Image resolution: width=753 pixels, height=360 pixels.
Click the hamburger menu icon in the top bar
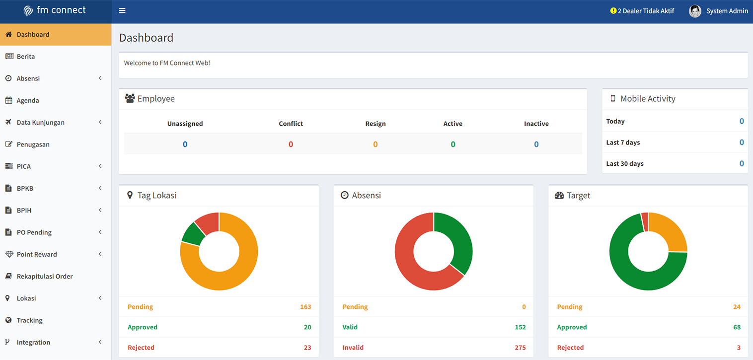click(x=122, y=11)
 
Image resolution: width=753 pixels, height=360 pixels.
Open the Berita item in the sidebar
click(x=25, y=57)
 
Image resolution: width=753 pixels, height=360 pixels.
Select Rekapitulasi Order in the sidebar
click(x=44, y=276)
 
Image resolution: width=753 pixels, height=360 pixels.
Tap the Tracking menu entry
click(x=30, y=320)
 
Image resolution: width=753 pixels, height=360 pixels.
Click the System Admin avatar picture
click(x=695, y=11)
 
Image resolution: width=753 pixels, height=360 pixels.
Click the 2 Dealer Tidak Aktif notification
click(x=642, y=11)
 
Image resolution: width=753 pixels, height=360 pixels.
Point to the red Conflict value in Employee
click(x=291, y=144)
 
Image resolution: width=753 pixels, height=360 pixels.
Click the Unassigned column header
click(x=185, y=124)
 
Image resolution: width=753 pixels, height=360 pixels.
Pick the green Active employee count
click(x=453, y=144)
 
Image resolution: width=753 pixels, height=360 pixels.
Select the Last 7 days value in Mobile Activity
click(x=741, y=142)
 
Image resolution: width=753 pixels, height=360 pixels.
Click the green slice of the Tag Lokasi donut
click(x=193, y=234)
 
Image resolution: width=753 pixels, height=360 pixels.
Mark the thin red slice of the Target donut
click(x=645, y=222)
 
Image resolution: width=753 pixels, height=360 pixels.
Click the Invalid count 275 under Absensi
click(x=520, y=348)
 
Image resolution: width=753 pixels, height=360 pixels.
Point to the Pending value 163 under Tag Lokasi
click(x=305, y=307)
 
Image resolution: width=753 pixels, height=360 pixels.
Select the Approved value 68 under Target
click(x=737, y=327)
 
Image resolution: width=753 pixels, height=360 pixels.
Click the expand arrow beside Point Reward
click(x=100, y=254)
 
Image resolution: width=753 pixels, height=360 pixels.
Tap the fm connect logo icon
click(x=28, y=11)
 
